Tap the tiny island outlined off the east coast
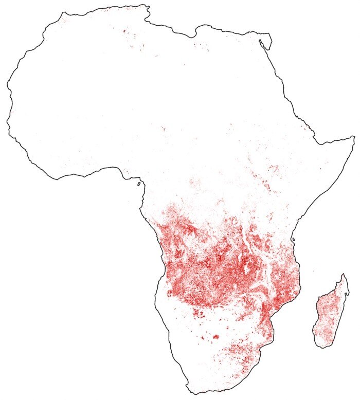293,240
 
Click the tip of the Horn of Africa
354,136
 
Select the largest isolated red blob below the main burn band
215,337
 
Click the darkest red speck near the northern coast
124,31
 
